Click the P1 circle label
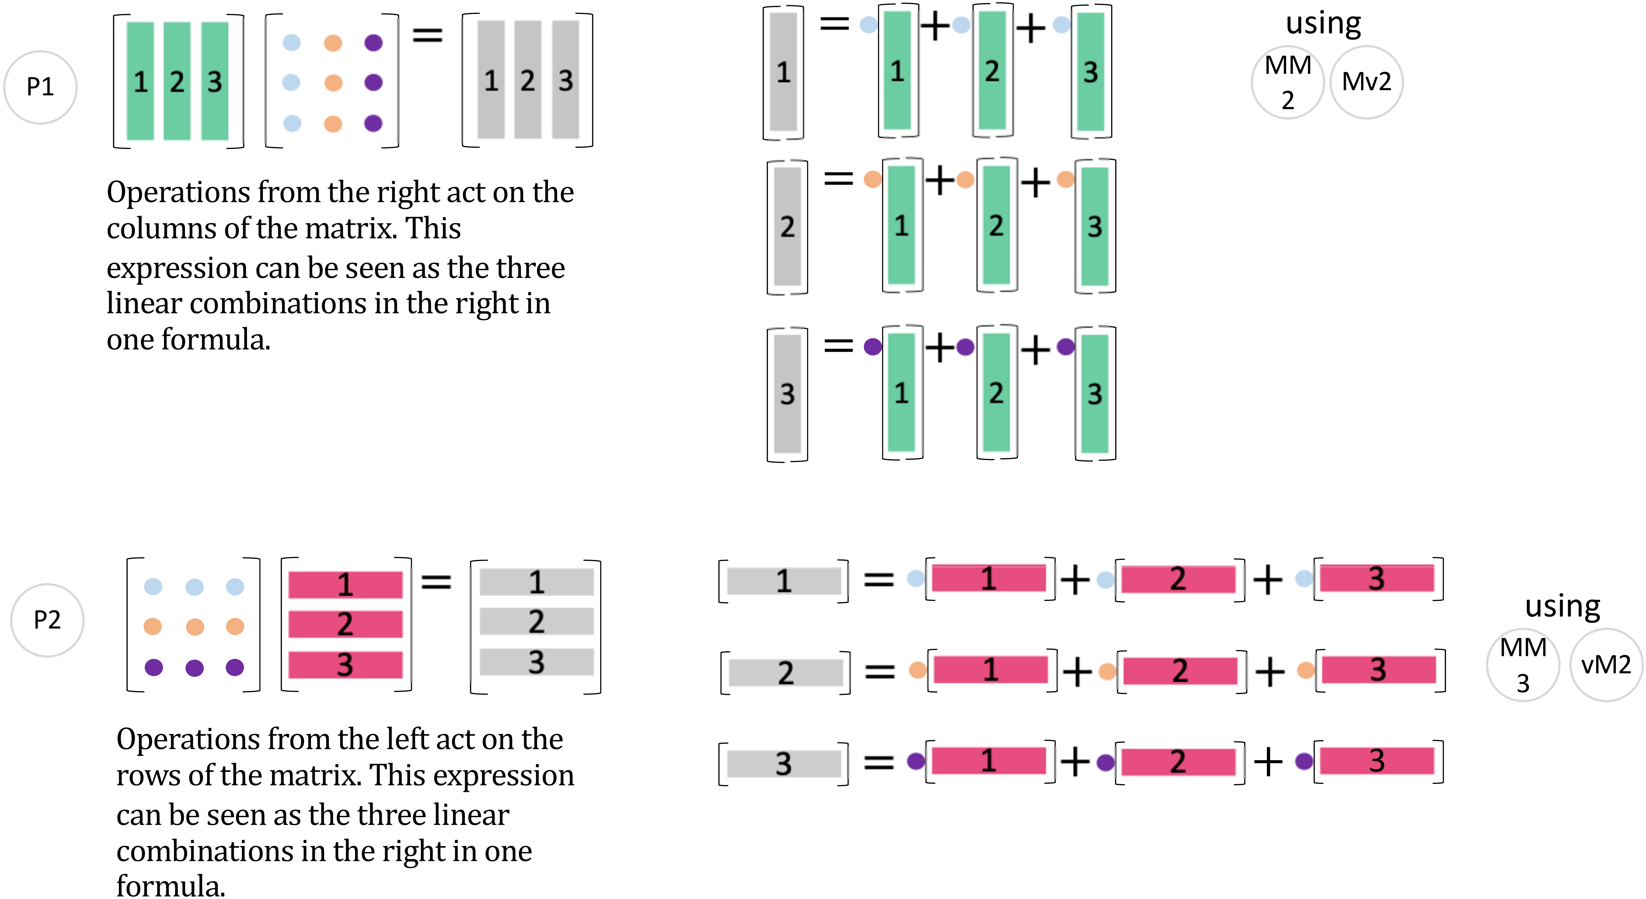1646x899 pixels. coord(40,87)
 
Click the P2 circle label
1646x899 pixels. coord(47,620)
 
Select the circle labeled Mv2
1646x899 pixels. coord(1366,82)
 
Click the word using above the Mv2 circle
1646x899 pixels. coord(1323,24)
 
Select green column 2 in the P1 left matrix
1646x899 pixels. coord(177,81)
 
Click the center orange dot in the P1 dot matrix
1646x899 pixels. coord(333,82)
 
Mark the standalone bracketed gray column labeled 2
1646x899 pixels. coord(787,227)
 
